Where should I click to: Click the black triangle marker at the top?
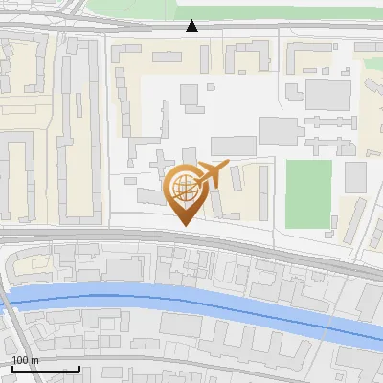pos(192,26)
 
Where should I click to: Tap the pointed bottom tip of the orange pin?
pos(185,225)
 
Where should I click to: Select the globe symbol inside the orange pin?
pos(185,186)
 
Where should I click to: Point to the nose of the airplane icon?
pos(230,166)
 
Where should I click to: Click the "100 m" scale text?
pos(25,361)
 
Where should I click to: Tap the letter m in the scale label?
pos(34,361)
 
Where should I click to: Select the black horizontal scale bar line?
pos(45,369)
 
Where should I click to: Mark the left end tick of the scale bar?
pos(12,367)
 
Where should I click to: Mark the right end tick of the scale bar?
pos(79,367)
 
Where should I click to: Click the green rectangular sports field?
pos(308,193)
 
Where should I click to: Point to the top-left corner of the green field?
pos(287,161)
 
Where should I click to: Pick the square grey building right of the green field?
pos(356,177)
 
